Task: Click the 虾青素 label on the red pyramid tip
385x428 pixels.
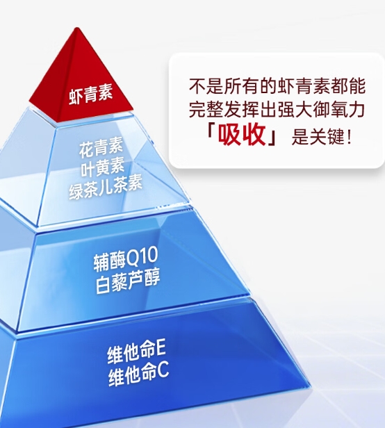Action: coord(90,95)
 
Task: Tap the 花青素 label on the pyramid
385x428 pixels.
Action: coord(101,148)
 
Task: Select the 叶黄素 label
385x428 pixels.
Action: coord(103,167)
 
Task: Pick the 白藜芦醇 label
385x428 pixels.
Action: coord(128,282)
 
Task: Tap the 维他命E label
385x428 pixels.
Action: coord(136,353)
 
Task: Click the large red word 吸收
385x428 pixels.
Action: coord(242,134)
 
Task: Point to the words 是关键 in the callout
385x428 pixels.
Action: coord(317,136)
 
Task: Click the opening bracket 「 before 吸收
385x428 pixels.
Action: coord(211,132)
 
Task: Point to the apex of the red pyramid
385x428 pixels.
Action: coord(78,28)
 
